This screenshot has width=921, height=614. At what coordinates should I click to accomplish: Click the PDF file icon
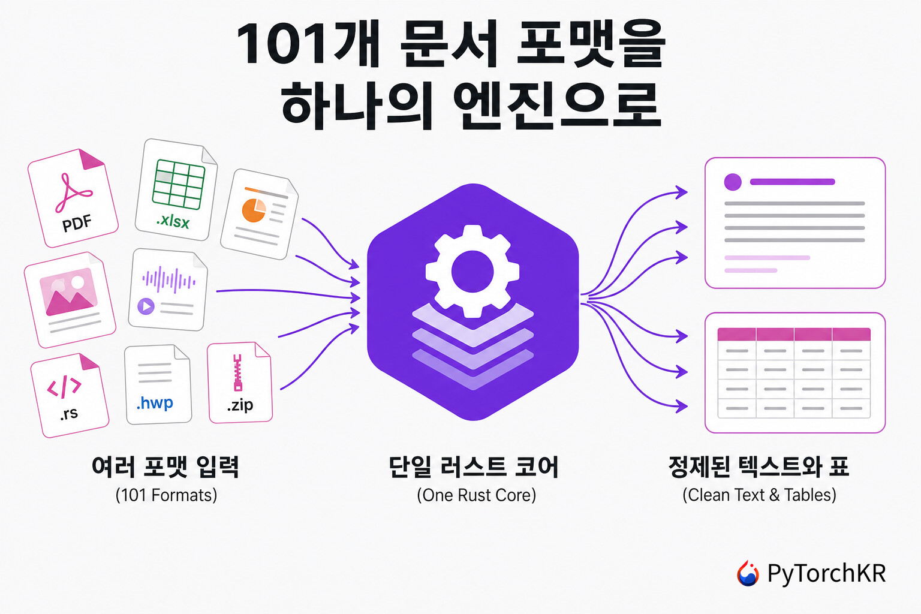coord(73,198)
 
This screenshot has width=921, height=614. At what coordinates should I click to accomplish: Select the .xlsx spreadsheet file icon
coord(176,189)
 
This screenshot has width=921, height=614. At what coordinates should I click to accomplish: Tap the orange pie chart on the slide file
coord(254,210)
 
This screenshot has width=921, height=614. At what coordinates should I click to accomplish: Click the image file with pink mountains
coord(70,300)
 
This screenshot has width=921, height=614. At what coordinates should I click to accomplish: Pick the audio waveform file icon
coord(168,290)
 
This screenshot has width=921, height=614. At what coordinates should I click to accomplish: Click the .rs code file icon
coord(70,395)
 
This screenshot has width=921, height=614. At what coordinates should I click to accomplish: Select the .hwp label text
coord(155,403)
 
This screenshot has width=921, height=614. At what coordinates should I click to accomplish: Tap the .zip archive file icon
coord(240,383)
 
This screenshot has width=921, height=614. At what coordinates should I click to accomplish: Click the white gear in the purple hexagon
coord(472,272)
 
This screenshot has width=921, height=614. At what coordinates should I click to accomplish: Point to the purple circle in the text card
coord(733,182)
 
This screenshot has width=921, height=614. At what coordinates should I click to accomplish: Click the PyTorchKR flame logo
coord(748,573)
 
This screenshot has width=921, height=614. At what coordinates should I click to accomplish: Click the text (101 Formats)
coord(166,495)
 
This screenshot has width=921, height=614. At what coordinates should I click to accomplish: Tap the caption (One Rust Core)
coord(477,495)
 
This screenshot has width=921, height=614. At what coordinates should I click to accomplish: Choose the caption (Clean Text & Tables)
coord(760,495)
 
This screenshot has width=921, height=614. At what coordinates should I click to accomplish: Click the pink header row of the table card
coord(794,335)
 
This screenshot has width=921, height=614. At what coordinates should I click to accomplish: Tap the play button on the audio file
coord(146,306)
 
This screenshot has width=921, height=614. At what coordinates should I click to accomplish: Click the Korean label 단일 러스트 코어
coord(474,466)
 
